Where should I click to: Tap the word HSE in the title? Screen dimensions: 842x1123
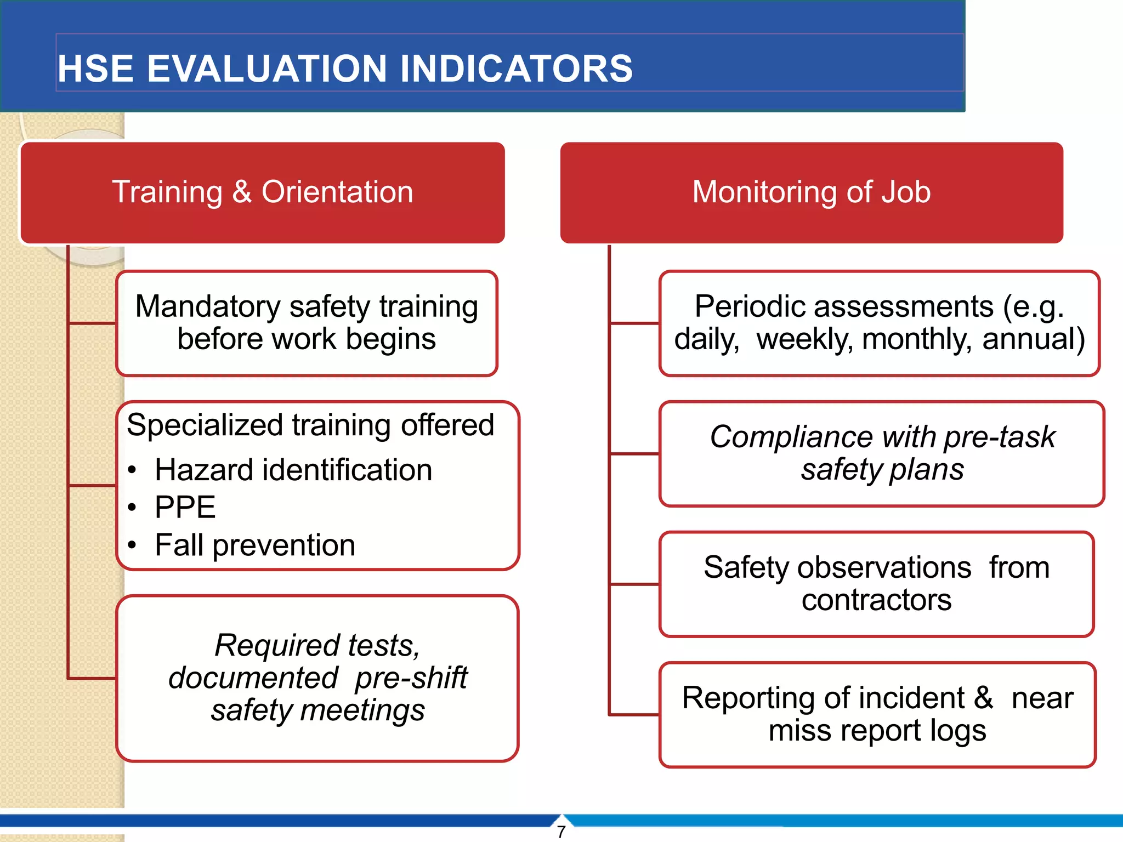(96, 69)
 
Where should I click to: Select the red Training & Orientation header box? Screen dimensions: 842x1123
(262, 192)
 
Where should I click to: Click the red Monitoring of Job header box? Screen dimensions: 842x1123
(811, 192)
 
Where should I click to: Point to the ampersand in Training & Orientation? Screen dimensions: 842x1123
(242, 192)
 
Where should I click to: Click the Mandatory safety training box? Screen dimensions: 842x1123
(307, 323)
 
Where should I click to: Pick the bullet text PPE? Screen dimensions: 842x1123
(185, 507)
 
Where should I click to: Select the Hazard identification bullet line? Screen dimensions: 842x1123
(293, 470)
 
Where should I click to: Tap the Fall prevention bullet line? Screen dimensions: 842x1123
(255, 545)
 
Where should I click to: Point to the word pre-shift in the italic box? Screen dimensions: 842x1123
(411, 678)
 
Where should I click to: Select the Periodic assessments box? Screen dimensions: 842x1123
(879, 323)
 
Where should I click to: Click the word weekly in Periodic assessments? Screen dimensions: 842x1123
(804, 339)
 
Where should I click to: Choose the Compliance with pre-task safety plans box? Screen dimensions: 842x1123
(881, 453)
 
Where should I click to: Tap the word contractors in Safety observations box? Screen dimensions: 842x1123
(876, 600)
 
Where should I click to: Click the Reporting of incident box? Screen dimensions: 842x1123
(877, 714)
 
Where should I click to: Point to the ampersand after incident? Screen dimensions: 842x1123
(983, 698)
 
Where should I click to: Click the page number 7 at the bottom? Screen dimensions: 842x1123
(561, 832)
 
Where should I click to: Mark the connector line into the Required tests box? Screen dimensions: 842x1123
(92, 679)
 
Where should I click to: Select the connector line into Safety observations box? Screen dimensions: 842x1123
(634, 584)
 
